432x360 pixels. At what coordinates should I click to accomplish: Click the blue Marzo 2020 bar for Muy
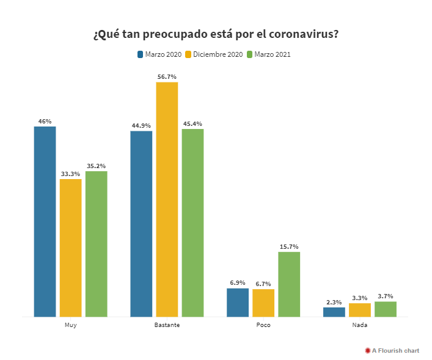(x=45, y=221)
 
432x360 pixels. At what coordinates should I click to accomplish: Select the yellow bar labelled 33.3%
(x=70, y=248)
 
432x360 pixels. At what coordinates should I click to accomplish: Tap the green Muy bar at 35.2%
(x=96, y=244)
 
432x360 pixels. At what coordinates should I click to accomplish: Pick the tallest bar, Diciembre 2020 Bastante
(x=167, y=199)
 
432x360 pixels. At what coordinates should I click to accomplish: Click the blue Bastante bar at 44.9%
(x=141, y=224)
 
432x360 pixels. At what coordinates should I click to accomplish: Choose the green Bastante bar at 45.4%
(x=192, y=222)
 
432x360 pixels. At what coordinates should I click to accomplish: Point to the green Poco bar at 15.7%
(x=289, y=284)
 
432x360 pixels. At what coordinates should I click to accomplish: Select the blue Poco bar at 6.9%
(x=238, y=303)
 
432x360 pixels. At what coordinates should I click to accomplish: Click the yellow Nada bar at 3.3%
(x=360, y=310)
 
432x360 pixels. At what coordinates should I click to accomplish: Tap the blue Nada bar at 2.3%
(x=334, y=312)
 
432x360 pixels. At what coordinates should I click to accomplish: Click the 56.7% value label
(x=167, y=76)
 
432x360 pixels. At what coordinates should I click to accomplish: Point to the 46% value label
(x=45, y=121)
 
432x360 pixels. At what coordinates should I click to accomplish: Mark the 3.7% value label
(x=386, y=296)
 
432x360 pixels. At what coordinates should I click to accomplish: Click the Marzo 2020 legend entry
(x=159, y=54)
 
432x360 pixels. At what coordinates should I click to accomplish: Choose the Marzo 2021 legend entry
(x=268, y=54)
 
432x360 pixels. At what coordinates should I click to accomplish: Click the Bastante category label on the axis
(x=167, y=325)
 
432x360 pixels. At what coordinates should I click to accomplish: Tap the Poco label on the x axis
(x=263, y=325)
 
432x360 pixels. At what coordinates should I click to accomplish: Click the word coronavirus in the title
(x=301, y=34)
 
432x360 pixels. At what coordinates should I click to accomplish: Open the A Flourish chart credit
(x=392, y=350)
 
